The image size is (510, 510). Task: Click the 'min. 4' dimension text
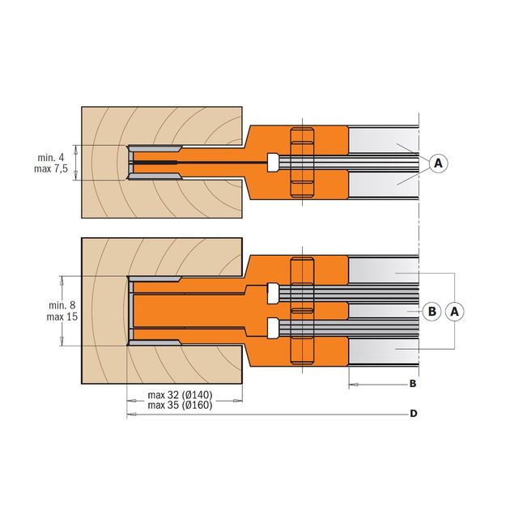click(51, 158)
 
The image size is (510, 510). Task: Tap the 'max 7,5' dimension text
click(51, 169)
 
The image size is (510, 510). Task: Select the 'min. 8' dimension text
click(62, 305)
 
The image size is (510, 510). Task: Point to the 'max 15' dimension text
click(62, 317)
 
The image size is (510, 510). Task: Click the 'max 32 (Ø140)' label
click(180, 395)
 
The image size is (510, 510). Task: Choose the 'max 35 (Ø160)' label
click(180, 406)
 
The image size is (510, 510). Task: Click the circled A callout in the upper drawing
click(438, 163)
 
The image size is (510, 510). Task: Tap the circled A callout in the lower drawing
click(454, 312)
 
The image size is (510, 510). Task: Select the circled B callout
click(432, 312)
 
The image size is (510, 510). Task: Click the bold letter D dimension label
click(413, 414)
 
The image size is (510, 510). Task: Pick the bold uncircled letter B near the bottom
click(412, 384)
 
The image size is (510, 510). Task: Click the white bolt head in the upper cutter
click(273, 162)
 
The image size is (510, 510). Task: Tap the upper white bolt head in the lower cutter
click(273, 293)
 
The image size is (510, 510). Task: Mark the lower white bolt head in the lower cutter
click(273, 329)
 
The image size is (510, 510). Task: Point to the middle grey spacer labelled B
click(383, 312)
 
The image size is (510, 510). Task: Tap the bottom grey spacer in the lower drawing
click(383, 351)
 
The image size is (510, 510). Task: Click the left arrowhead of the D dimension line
click(130, 414)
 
